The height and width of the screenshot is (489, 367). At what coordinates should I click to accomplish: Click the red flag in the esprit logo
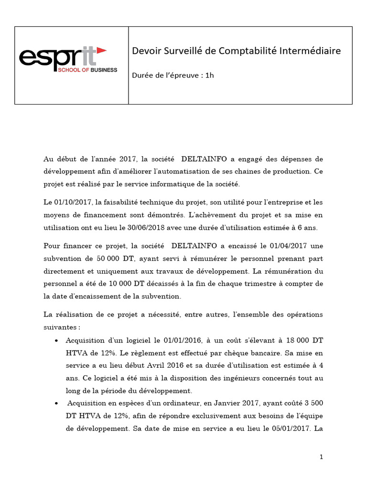[101, 51]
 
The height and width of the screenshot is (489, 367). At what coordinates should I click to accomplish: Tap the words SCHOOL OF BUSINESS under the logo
[86, 70]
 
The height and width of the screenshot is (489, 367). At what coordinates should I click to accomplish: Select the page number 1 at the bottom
[322, 457]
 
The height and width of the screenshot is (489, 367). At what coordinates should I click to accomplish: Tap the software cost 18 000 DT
[300, 340]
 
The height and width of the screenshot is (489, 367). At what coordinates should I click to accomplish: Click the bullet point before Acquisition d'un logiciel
[57, 341]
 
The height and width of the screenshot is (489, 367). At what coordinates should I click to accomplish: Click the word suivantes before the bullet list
[60, 328]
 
